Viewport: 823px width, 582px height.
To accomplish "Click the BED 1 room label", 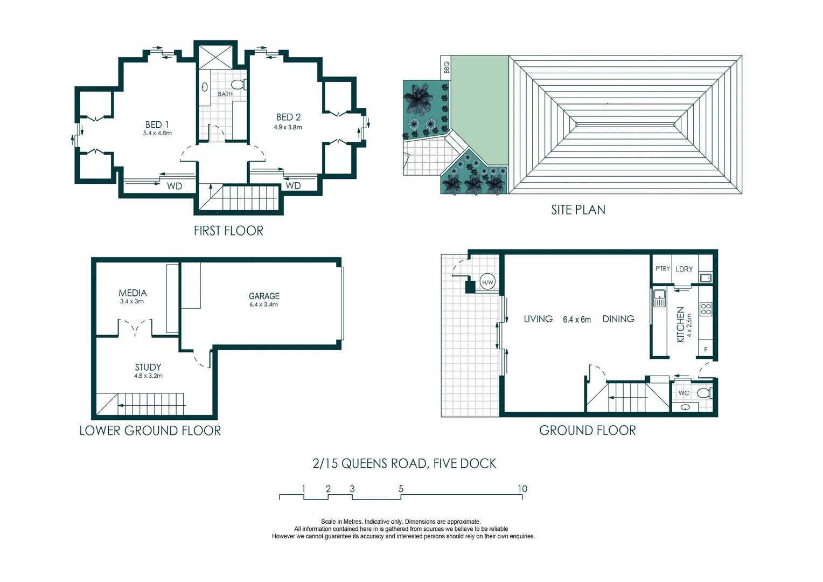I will click(x=157, y=124).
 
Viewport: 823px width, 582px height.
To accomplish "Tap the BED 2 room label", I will click(x=288, y=117).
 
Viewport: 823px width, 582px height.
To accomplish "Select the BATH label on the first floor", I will click(x=225, y=94).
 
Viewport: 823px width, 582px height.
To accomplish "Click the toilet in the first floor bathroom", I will click(x=238, y=85).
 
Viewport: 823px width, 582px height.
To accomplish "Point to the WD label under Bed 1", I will click(x=174, y=186).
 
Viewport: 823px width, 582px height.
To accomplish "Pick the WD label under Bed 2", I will click(x=293, y=186).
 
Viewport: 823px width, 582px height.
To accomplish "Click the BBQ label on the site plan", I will click(x=446, y=67).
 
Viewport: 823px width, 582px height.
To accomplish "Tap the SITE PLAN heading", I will click(x=578, y=210).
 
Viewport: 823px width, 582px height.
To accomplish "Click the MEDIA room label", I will click(x=132, y=293).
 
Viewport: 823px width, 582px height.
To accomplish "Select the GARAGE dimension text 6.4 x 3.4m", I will click(x=263, y=304).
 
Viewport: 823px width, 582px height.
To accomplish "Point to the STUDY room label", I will click(x=148, y=368).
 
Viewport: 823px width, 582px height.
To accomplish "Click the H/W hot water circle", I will click(x=487, y=282).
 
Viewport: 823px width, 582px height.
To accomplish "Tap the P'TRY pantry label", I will click(x=662, y=269).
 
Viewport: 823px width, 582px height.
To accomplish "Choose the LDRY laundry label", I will click(x=684, y=269).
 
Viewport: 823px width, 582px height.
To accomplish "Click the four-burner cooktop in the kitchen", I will click(x=705, y=309).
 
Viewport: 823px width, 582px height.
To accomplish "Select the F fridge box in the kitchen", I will click(x=706, y=349).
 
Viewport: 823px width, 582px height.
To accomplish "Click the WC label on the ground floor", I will click(x=683, y=393).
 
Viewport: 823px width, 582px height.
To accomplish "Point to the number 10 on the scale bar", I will click(x=522, y=489).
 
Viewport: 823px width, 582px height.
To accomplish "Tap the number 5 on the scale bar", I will click(x=401, y=489).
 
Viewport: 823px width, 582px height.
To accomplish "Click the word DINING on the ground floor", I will click(x=618, y=319).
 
